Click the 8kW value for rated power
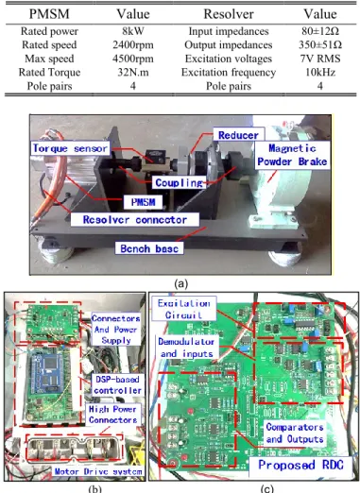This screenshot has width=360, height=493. click(x=133, y=31)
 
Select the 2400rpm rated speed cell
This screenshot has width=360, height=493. click(x=133, y=45)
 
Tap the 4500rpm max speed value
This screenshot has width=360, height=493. click(x=133, y=59)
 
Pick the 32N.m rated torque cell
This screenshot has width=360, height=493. click(x=133, y=73)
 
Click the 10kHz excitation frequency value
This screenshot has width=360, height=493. click(x=320, y=73)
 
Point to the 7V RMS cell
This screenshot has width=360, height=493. click(x=320, y=59)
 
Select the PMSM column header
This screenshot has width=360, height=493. click(x=49, y=14)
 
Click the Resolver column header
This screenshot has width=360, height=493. click(x=229, y=14)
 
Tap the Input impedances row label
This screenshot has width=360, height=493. click(x=229, y=31)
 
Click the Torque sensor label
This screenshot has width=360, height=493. click(x=70, y=148)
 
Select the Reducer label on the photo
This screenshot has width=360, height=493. click(x=238, y=135)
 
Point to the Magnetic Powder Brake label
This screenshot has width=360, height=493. click(x=292, y=155)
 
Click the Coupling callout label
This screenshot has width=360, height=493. click(x=179, y=182)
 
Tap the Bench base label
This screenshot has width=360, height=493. click(x=149, y=248)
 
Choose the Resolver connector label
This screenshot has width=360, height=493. click(x=135, y=219)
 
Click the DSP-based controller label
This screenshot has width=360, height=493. click(x=117, y=384)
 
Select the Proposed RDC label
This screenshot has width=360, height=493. click(x=300, y=465)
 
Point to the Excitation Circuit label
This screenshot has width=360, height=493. click(x=184, y=309)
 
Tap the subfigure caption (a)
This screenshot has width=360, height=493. click(x=180, y=283)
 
